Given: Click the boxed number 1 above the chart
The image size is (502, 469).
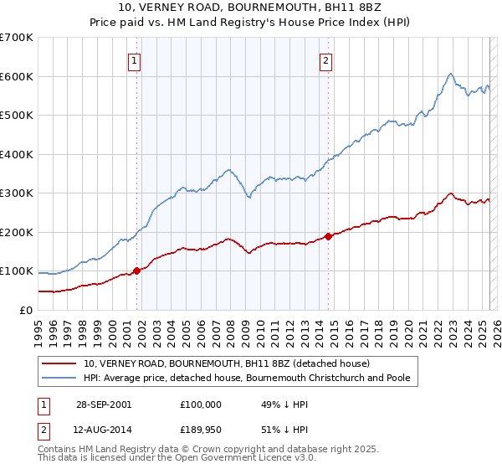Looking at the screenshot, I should point(134,59).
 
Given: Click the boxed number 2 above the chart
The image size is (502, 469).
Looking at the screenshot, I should point(325,59).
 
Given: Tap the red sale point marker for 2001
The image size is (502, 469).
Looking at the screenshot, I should point(136,271).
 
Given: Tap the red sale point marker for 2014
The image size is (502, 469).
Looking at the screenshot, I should point(328,236).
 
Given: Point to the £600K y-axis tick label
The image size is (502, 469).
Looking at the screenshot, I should point(17,76).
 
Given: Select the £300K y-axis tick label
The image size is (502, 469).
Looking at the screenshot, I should point(17,193).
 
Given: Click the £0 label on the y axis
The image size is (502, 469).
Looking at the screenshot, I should point(27,310).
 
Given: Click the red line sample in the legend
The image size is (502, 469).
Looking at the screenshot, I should point(60,363).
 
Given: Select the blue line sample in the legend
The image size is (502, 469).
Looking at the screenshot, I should point(60,378).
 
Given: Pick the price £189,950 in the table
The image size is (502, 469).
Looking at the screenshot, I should point(201,430).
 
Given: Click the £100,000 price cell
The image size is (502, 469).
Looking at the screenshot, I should point(201,404).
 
